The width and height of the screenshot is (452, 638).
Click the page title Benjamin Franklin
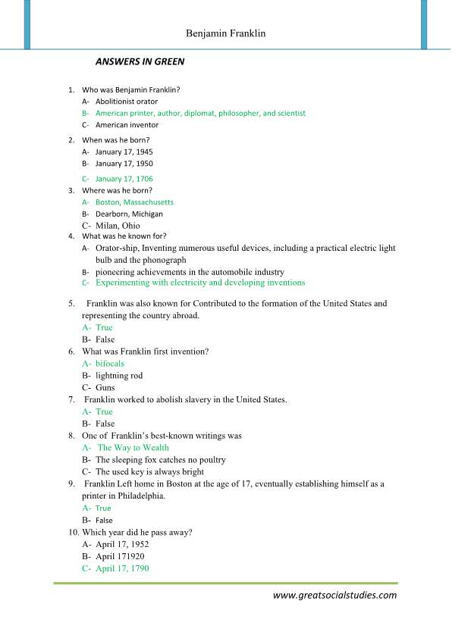225,34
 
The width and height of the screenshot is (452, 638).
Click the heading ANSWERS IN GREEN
140,61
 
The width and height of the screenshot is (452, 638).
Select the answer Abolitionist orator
127,101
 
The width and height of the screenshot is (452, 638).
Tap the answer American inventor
127,125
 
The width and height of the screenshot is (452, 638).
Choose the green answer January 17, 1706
124,179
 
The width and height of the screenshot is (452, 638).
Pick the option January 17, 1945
124,152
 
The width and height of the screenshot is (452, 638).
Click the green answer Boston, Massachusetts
134,202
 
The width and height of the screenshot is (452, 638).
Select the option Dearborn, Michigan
129,214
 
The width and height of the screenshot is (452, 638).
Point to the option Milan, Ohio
118,226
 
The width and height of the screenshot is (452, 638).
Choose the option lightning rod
118,376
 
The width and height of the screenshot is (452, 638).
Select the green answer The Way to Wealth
133,448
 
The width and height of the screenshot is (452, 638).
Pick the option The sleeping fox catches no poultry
160,460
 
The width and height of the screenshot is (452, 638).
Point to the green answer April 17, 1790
122,568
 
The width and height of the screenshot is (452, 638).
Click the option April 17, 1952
122,544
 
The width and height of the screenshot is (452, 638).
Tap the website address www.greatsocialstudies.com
334,595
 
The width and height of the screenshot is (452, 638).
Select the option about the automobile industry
190,271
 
